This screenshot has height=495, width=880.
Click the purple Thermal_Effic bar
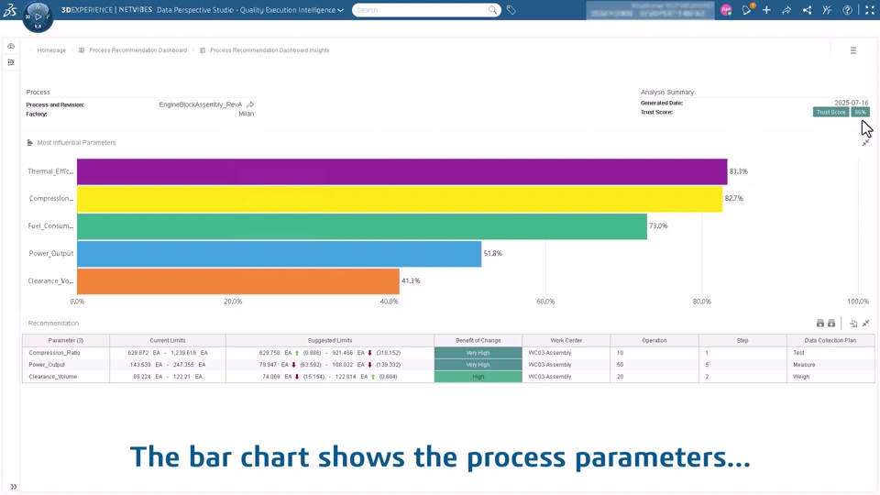tap(401, 171)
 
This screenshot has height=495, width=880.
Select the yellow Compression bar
tap(400, 199)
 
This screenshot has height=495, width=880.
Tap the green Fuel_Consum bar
tap(362, 225)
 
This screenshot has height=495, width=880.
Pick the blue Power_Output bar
tap(279, 254)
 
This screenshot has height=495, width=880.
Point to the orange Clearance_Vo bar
tap(238, 281)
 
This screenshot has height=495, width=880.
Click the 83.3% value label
tap(739, 171)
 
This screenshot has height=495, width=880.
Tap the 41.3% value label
tap(411, 280)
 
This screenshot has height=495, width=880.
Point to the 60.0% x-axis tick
tap(545, 302)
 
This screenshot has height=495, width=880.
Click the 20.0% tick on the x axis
tap(233, 302)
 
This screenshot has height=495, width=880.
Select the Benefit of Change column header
tap(478, 340)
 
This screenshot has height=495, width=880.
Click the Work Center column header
tap(566, 340)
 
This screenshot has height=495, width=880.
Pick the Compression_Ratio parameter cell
tap(54, 353)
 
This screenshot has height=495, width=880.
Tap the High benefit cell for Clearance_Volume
tap(478, 377)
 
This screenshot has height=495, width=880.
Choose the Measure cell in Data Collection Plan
tap(804, 365)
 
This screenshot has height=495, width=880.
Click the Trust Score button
tap(830, 112)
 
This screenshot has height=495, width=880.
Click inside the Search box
tap(422, 10)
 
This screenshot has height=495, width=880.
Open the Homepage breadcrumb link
tap(51, 50)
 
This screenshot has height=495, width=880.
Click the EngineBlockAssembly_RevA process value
tap(201, 104)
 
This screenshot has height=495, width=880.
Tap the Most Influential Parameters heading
tap(76, 143)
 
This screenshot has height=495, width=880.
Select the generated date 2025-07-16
tap(851, 103)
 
